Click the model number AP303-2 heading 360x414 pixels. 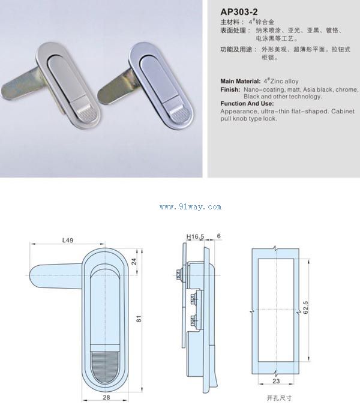point(239,12)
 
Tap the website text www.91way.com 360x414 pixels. point(190,207)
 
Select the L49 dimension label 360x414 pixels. point(68,240)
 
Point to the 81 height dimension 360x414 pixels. point(139,319)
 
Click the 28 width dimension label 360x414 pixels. point(106,397)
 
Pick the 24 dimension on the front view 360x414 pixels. point(134,262)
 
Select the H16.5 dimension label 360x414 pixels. point(195,236)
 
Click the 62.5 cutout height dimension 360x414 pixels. point(305,307)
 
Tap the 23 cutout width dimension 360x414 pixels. point(276,381)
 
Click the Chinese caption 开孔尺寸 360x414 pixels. point(279,398)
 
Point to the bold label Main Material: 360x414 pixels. point(241,81)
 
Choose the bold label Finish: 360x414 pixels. point(230,89)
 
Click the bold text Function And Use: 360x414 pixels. point(247,103)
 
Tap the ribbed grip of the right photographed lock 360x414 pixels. point(179,114)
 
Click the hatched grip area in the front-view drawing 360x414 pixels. point(105,368)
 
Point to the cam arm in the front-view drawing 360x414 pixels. point(56,276)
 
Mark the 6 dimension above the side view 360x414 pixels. point(218,236)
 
